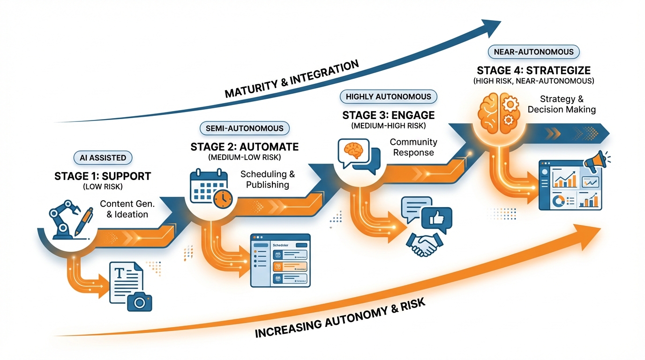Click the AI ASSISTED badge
[x=103, y=158]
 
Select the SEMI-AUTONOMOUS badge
[x=244, y=128]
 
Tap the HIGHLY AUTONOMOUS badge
[x=388, y=97]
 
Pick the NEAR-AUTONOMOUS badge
[x=533, y=52]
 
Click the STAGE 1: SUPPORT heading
[x=103, y=177]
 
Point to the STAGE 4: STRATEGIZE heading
[x=533, y=70]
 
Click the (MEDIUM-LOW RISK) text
[x=244, y=157]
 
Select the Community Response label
[x=413, y=147]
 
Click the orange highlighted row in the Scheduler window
[x=289, y=267]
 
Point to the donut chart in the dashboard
[x=558, y=201]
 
